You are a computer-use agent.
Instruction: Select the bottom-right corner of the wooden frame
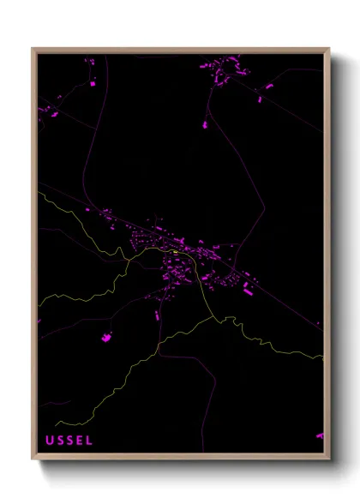pyautogui.click(x=329, y=460)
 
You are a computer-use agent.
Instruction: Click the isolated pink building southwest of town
pyautogui.click(x=107, y=338)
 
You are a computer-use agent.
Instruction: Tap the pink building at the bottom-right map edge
pyautogui.click(x=320, y=435)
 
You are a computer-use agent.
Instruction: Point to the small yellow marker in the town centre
pyautogui.click(x=175, y=252)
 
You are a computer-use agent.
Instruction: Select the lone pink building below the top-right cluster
pyautogui.click(x=205, y=125)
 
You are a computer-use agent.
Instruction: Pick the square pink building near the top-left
pyautogui.click(x=93, y=84)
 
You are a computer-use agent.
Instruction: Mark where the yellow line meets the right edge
pyautogui.click(x=323, y=357)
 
